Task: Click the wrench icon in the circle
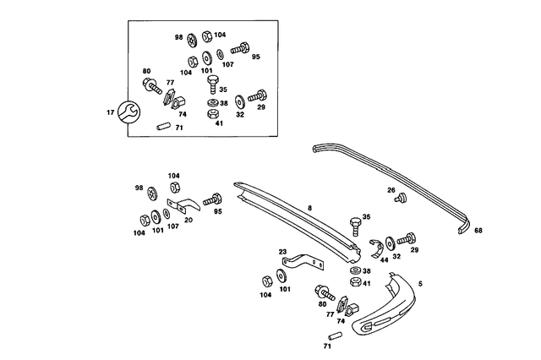128,112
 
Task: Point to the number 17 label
110,112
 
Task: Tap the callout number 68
478,231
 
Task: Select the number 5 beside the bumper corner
420,284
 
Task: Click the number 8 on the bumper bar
309,208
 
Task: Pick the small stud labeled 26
402,198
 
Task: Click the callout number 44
384,260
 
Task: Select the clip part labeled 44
377,248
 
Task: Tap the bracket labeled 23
303,262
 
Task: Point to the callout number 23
283,252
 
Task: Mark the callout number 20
189,220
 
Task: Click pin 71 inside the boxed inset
163,126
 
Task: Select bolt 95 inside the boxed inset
240,48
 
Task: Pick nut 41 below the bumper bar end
356,281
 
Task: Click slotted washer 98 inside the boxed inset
191,41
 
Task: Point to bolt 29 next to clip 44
406,239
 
